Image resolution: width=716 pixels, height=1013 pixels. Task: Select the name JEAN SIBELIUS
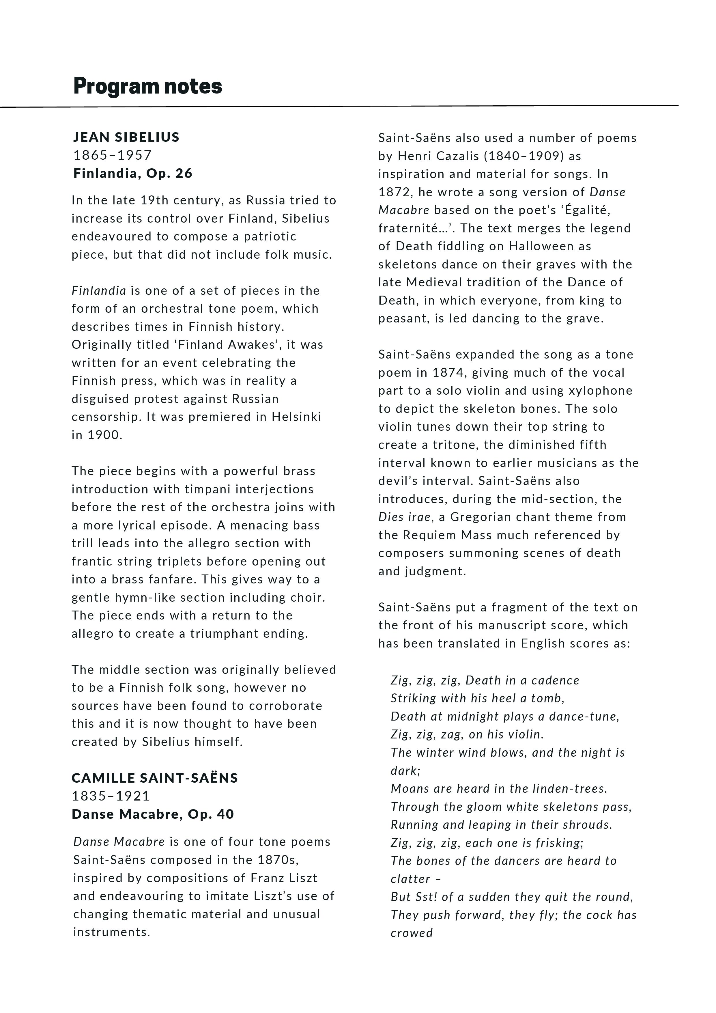(x=126, y=137)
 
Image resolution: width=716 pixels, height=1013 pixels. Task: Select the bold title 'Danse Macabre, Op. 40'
(x=153, y=814)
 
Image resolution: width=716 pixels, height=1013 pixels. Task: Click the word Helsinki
(x=296, y=417)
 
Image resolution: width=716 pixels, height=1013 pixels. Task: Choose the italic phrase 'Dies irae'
(x=404, y=517)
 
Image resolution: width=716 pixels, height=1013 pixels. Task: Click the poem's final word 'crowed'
(x=412, y=933)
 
